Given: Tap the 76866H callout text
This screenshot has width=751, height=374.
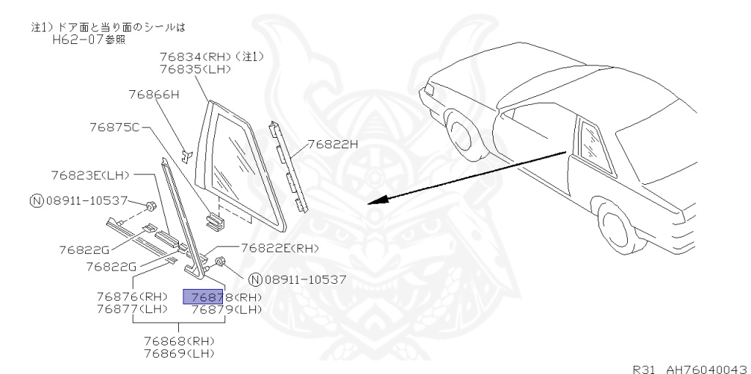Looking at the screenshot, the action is point(154,95).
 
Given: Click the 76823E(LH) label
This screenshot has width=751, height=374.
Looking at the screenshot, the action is point(90,175).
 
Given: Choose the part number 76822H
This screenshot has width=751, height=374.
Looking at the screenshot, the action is point(332,144).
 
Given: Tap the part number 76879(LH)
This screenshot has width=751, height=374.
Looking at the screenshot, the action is point(226,309).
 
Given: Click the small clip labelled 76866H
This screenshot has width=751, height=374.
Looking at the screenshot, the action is point(186,155).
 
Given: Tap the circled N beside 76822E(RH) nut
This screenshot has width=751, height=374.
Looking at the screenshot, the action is point(254,279).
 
